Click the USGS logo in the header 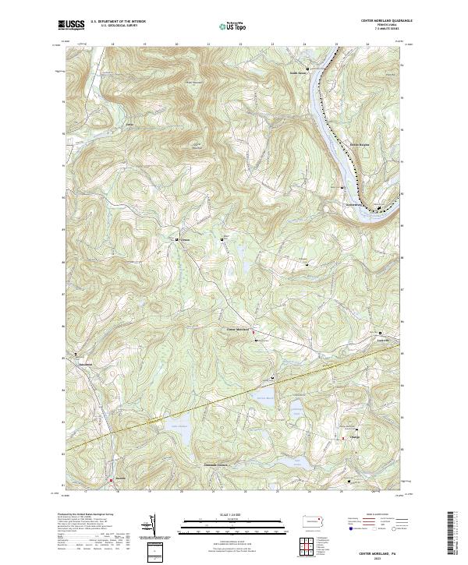(x=72, y=26)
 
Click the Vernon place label (x=185, y=239)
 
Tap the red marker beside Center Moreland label (x=253, y=334)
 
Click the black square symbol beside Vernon (x=177, y=239)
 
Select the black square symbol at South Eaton (x=308, y=69)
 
